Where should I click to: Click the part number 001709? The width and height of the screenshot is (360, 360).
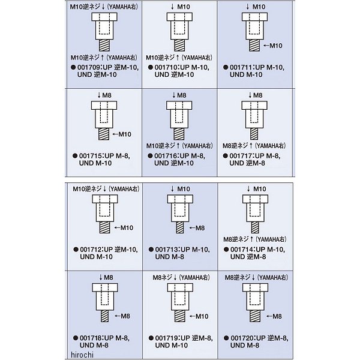pos(89,67)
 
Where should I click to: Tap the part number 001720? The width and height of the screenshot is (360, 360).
pos(242,338)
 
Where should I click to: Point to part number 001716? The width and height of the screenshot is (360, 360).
pos(166,156)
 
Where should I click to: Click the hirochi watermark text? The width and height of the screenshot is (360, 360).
pos(82,355)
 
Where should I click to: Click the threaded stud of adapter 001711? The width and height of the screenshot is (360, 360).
pos(254,45)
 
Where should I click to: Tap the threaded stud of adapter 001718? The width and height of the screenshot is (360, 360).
pos(104,316)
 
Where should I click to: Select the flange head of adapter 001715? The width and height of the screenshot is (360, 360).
pos(104,106)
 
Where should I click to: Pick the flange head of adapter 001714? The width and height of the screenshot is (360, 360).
pos(256,199)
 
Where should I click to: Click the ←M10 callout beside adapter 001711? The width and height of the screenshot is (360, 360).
pos(273,46)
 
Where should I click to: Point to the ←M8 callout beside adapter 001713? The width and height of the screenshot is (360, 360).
pos(197,228)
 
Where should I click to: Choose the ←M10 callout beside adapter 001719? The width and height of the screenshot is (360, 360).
pos(199,316)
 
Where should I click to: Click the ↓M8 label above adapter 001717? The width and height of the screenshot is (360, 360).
pos(255,95)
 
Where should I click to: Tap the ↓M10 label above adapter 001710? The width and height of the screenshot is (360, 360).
pos(180,7)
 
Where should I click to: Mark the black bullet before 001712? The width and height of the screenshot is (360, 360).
pos(76,250)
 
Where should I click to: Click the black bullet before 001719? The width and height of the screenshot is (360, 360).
pos(151,338)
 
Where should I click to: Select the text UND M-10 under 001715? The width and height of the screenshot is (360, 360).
pos(95,163)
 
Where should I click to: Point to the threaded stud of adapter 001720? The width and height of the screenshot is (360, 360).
pos(255,316)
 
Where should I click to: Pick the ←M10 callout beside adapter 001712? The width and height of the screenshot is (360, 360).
pos(124,228)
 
